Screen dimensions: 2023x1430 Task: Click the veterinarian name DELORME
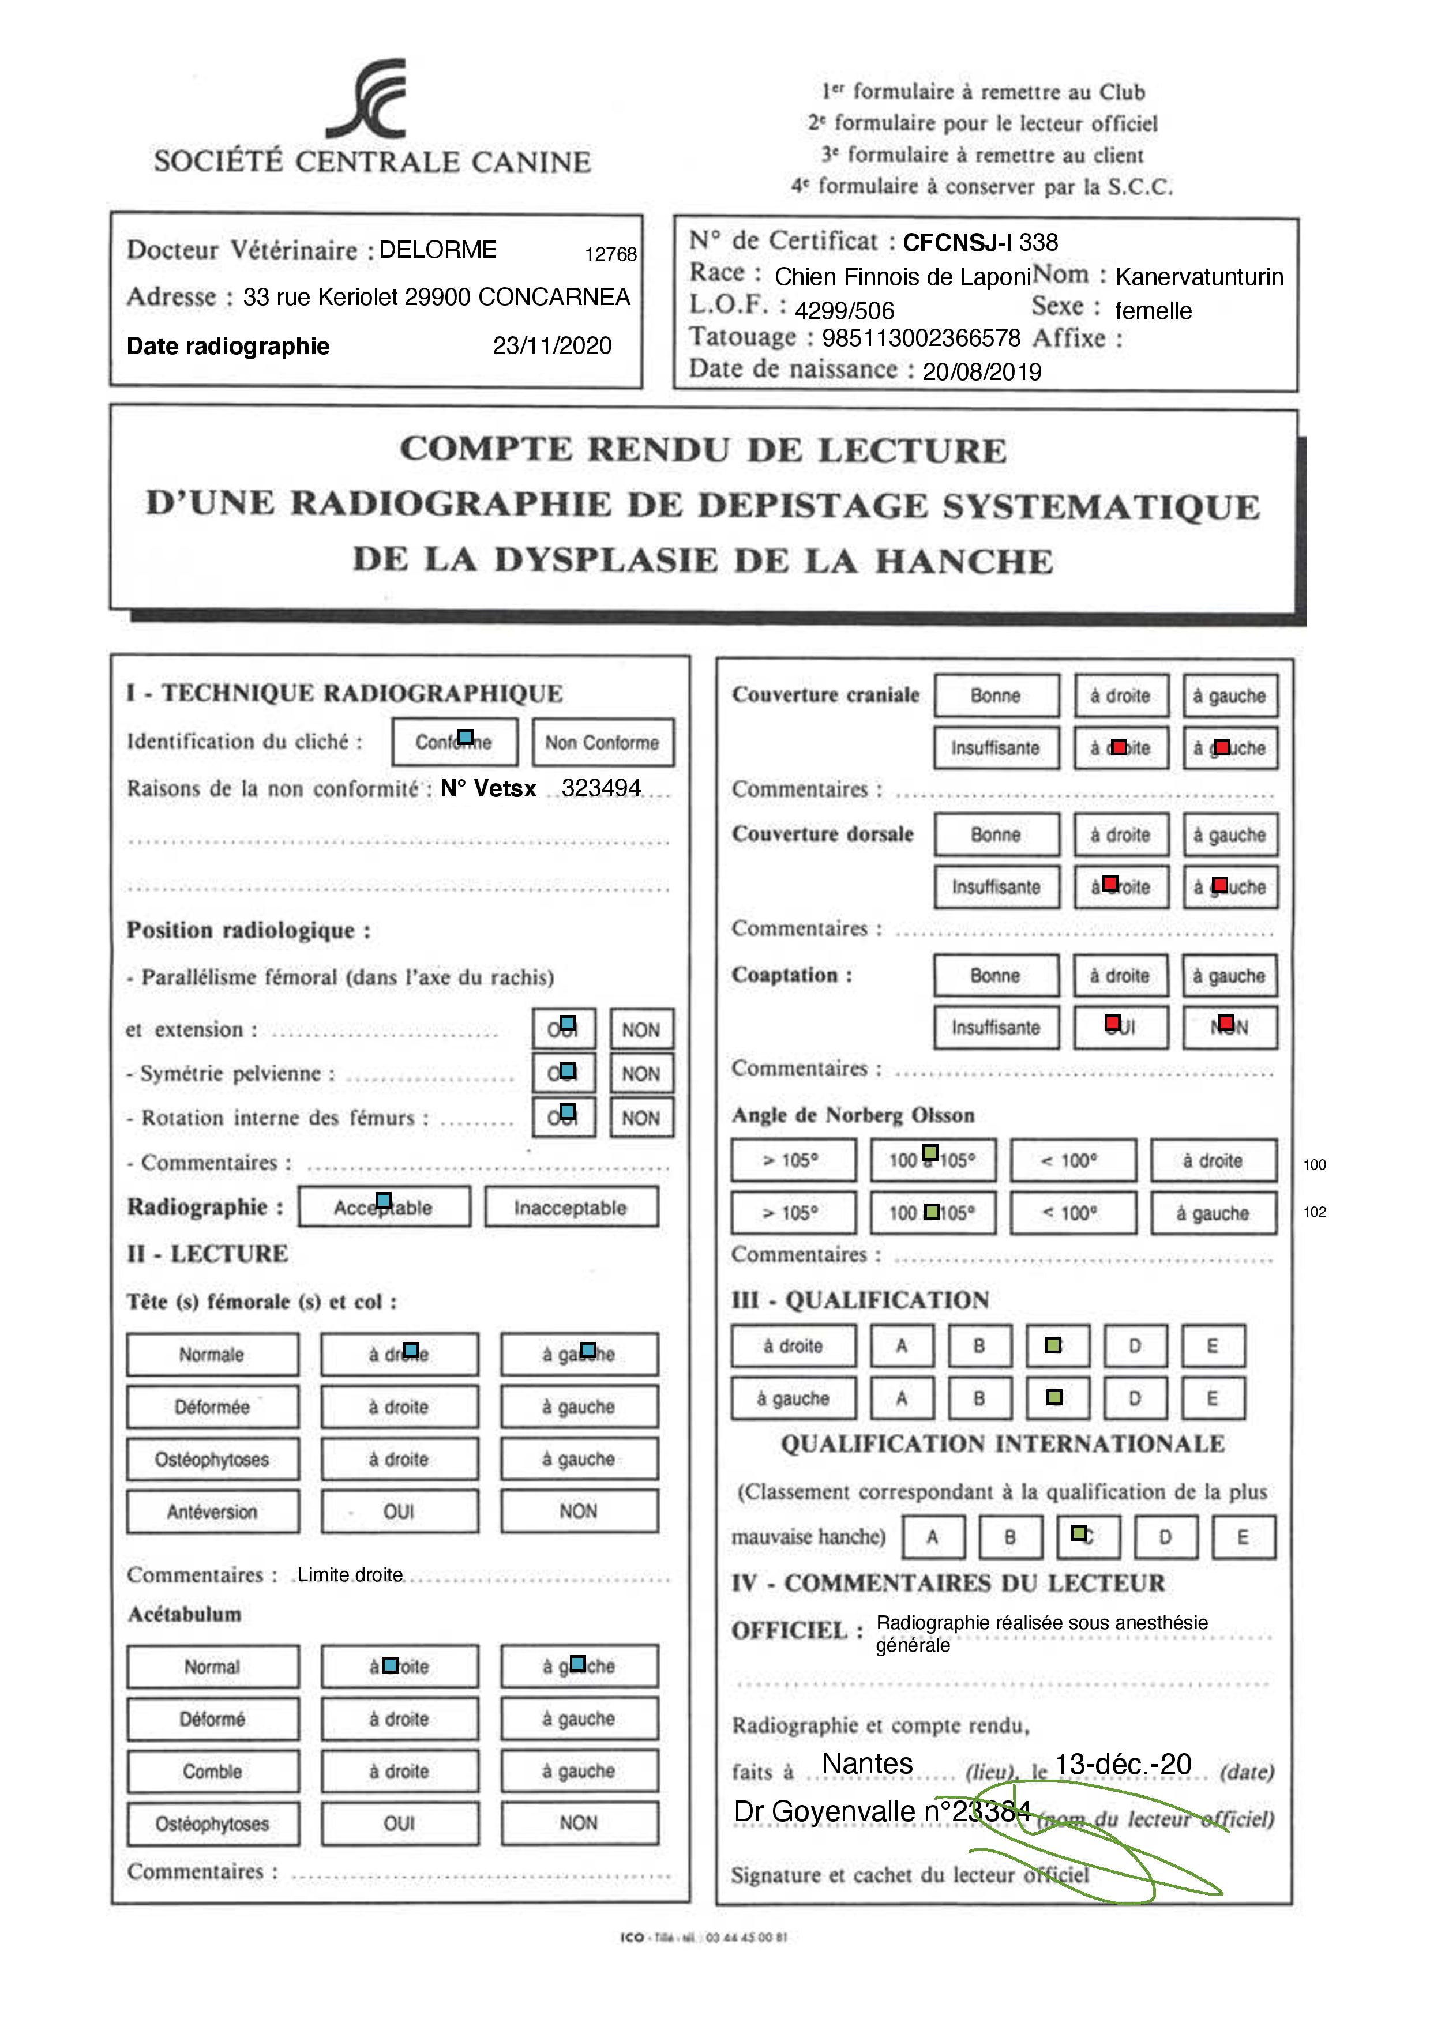pyautogui.click(x=438, y=250)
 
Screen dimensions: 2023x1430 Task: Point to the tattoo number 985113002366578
pyautogui.click(x=921, y=339)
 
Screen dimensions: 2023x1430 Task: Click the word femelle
pyautogui.click(x=1153, y=311)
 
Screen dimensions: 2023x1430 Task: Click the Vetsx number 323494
pyautogui.click(x=601, y=788)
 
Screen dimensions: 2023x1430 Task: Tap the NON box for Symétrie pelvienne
pyautogui.click(x=640, y=1074)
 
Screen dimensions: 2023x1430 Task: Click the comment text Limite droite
pyautogui.click(x=350, y=1574)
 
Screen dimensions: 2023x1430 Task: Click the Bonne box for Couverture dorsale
pyautogui.click(x=996, y=835)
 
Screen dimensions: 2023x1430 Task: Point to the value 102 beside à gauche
pyautogui.click(x=1315, y=1212)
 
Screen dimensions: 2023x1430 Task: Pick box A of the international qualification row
pyautogui.click(x=932, y=1537)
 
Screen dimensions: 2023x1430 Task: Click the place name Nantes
pyautogui.click(x=867, y=1763)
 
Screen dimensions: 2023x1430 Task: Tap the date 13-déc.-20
pyautogui.click(x=1123, y=1764)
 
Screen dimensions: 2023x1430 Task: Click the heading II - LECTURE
pyautogui.click(x=207, y=1254)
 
